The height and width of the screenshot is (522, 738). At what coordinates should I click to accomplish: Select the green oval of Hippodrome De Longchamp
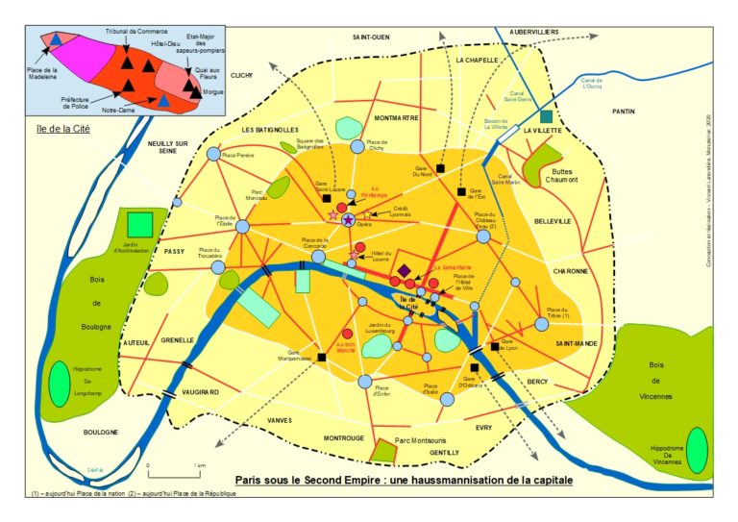click(60, 379)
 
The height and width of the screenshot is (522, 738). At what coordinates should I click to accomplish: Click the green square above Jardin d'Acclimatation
click(140, 224)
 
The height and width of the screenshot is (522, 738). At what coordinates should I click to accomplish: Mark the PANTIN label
click(623, 112)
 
